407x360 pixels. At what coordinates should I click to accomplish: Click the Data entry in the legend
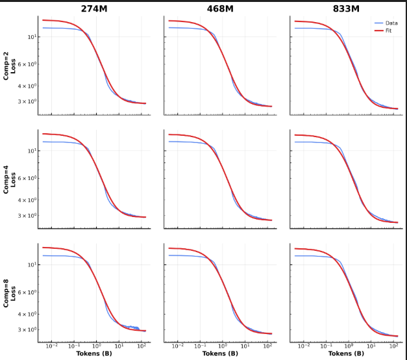(x=391, y=23)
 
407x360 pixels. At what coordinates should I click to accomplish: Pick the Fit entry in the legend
(x=388, y=31)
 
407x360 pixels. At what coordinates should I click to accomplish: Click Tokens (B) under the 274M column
(x=94, y=354)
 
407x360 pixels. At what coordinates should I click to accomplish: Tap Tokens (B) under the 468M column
(x=220, y=354)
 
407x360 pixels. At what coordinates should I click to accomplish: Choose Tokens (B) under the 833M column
(x=346, y=354)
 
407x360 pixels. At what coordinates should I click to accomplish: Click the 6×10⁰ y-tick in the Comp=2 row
(x=27, y=64)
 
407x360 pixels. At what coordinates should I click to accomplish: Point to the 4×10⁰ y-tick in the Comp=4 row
(x=27, y=200)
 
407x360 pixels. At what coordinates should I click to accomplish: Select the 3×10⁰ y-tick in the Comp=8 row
(x=27, y=329)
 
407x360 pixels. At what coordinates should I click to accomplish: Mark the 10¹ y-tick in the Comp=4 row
(x=30, y=150)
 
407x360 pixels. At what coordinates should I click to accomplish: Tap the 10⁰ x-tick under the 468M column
(x=223, y=346)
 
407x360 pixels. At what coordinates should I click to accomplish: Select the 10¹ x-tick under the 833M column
(x=371, y=346)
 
